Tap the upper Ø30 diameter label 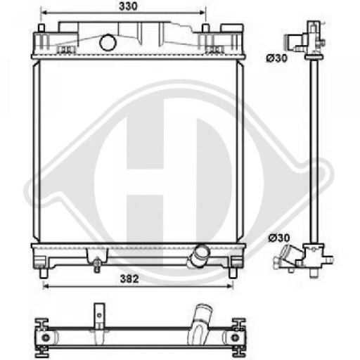(277, 58)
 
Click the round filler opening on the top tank (108, 42)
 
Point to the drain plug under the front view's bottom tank (96, 265)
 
